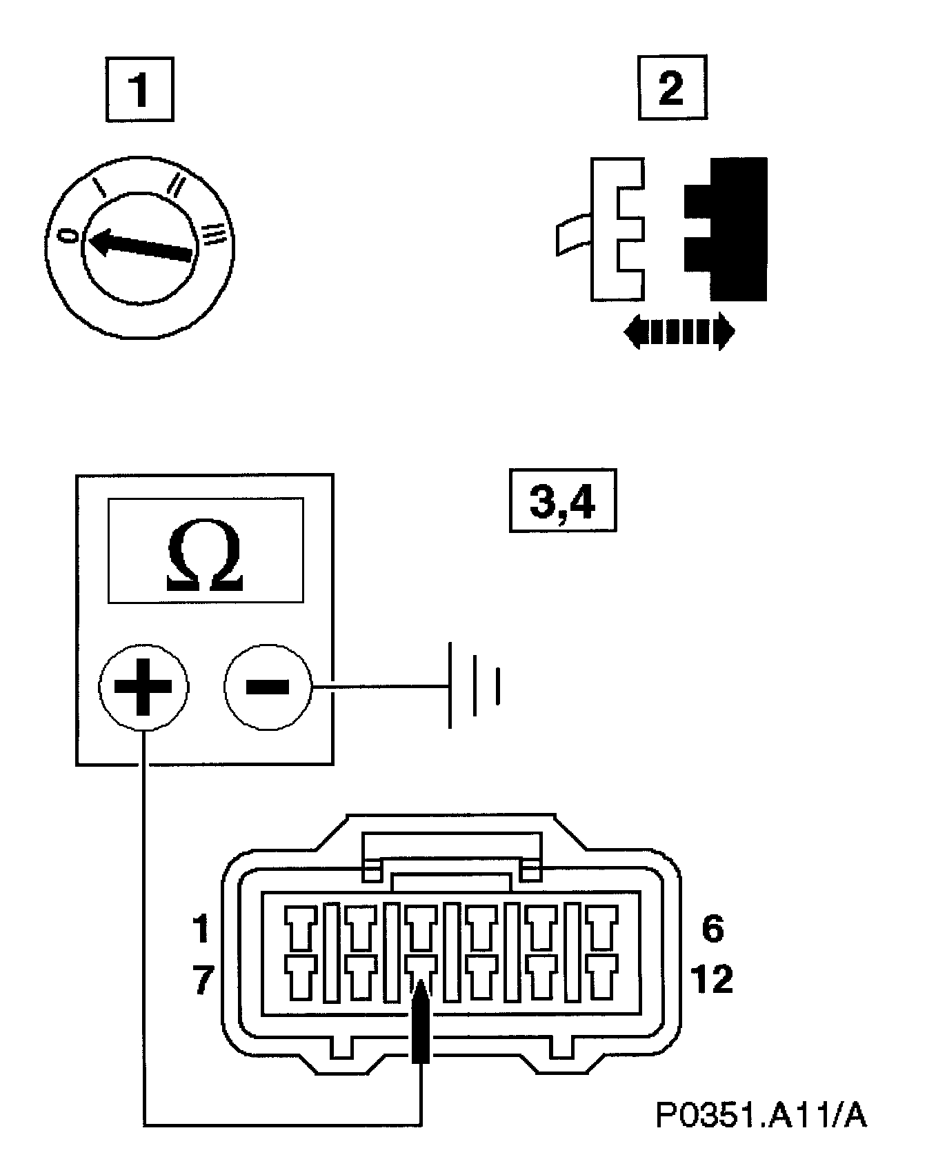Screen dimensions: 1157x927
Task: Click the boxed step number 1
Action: [x=139, y=89]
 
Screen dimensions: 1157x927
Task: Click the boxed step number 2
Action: [x=672, y=88]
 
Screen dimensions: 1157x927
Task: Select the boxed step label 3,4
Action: [x=562, y=501]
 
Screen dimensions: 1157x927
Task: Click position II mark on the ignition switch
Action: [x=175, y=185]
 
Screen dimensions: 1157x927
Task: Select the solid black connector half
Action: [x=731, y=229]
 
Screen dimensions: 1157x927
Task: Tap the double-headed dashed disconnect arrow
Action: [x=679, y=332]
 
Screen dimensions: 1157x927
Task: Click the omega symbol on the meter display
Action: [x=206, y=559]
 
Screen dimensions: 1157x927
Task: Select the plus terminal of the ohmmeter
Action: [x=143, y=687]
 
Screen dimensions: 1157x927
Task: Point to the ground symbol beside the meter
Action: [x=475, y=685]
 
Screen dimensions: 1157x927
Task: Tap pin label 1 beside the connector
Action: [x=201, y=929]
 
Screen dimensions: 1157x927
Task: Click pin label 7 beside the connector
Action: [x=201, y=979]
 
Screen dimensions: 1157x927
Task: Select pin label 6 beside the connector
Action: [x=712, y=929]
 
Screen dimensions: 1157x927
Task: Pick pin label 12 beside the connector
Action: [x=712, y=979]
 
